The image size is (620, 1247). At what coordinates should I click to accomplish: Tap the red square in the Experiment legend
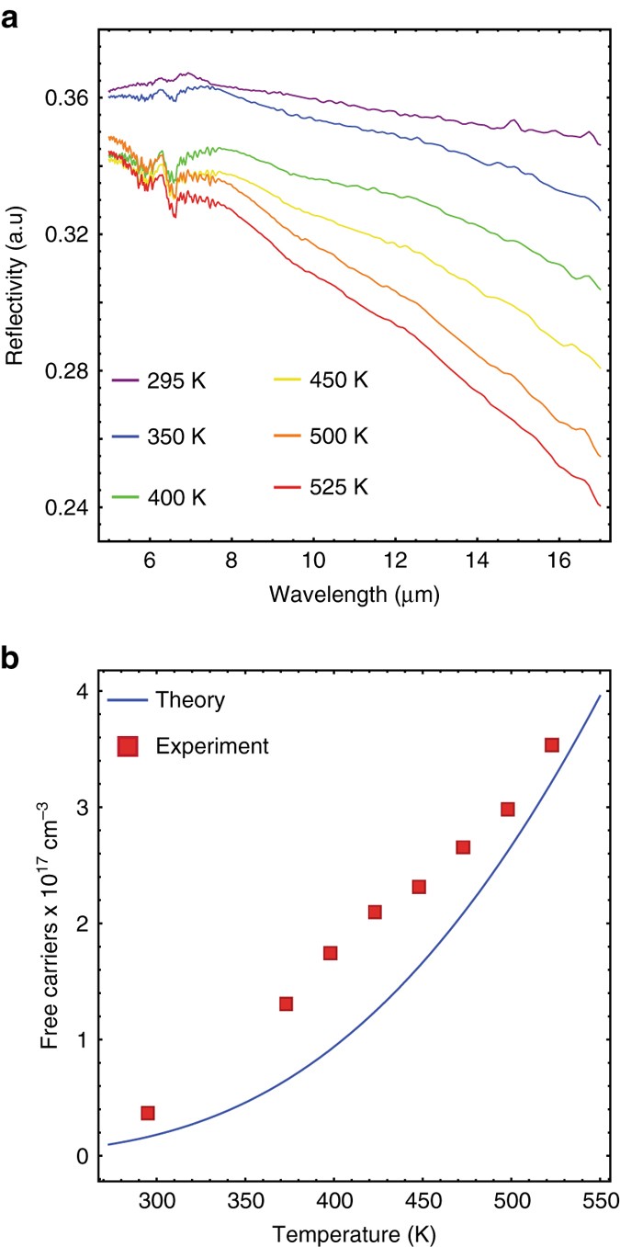(x=128, y=747)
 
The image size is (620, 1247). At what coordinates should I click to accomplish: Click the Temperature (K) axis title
(x=355, y=1232)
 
